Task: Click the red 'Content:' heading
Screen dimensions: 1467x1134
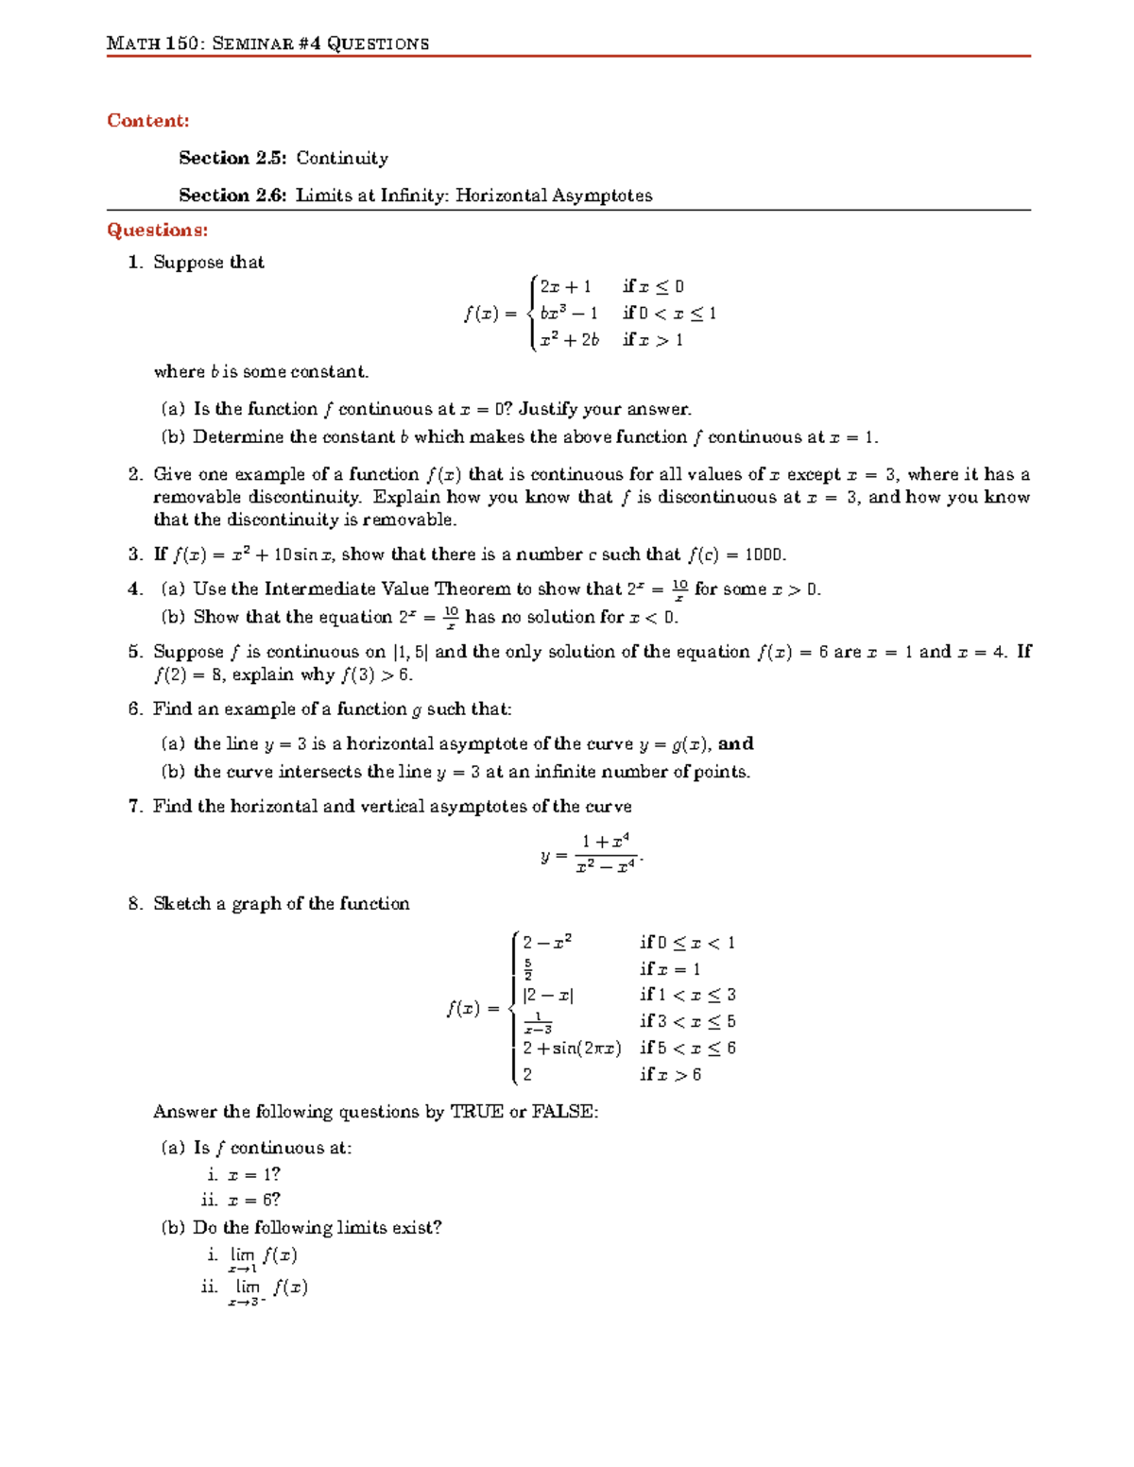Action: (147, 121)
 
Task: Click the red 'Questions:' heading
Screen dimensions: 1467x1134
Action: (157, 230)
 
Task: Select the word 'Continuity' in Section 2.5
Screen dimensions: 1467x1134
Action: (342, 159)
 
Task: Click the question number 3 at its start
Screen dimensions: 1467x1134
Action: (135, 554)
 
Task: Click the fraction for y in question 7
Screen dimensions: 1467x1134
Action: (605, 854)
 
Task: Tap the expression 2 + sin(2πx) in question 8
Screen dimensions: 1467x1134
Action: (572, 1049)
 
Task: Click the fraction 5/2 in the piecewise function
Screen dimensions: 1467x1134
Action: (528, 969)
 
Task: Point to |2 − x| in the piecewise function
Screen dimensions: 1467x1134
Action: (548, 996)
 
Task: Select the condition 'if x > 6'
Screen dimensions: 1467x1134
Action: (670, 1075)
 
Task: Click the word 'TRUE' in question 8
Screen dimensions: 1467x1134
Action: (476, 1112)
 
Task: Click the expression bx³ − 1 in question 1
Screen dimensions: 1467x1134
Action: (568, 314)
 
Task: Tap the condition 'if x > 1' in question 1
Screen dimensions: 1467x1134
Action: (652, 340)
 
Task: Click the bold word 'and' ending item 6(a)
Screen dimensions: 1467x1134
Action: (736, 744)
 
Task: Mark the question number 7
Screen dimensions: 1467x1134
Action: (135, 807)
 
